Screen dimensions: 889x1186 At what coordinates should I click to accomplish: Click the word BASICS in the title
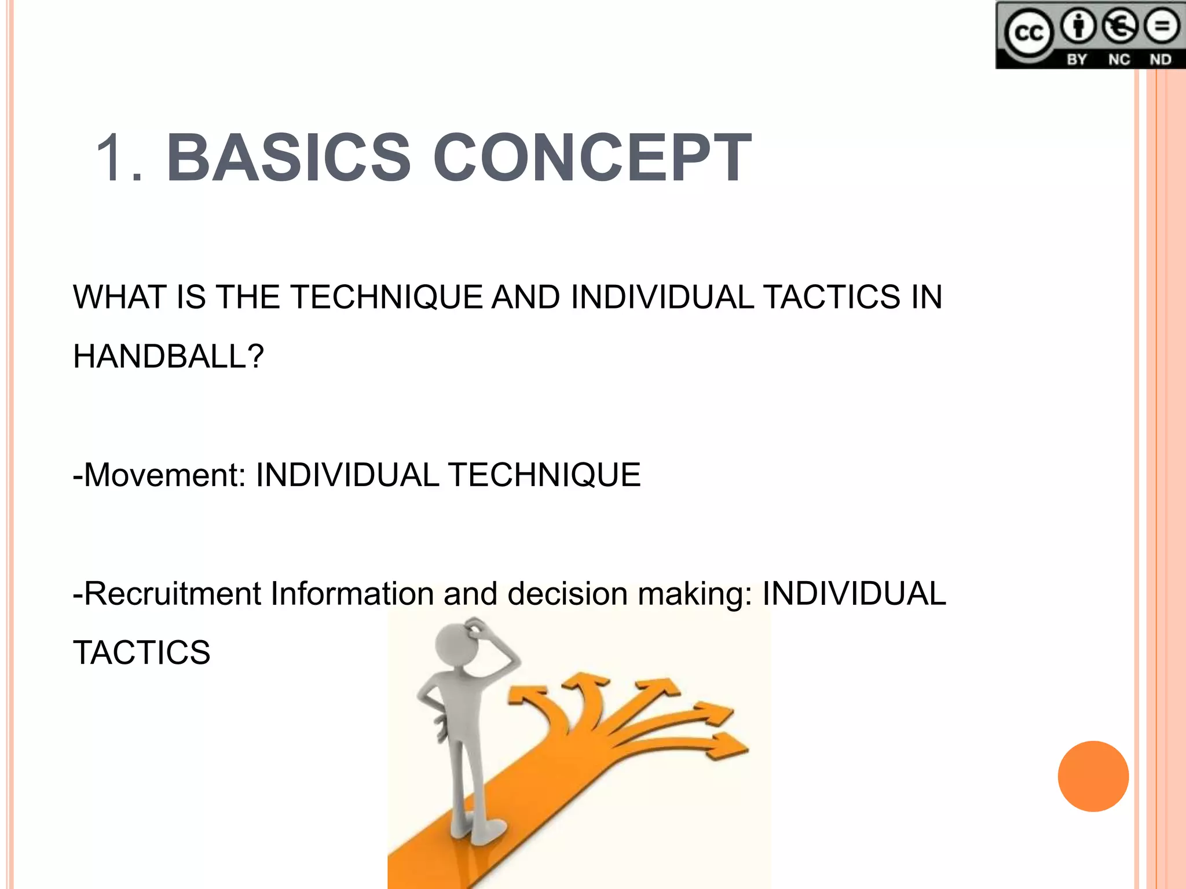tap(288, 157)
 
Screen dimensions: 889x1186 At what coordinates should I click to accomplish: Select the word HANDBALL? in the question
tap(169, 357)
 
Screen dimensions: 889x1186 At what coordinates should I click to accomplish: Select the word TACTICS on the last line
tap(141, 653)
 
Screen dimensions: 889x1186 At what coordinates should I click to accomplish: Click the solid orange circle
tap(1093, 776)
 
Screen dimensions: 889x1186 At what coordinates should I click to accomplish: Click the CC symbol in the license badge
tap(1029, 33)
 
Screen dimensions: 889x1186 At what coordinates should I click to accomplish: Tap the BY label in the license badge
tap(1077, 60)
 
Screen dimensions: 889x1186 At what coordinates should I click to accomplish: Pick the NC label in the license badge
tap(1119, 60)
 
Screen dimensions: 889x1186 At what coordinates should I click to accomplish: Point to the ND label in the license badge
tap(1160, 60)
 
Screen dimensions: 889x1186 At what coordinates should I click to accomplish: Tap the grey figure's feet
tap(478, 828)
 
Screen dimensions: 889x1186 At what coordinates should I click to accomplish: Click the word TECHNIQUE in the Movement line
tap(544, 475)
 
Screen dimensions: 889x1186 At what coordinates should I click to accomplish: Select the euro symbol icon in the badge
tap(1120, 27)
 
